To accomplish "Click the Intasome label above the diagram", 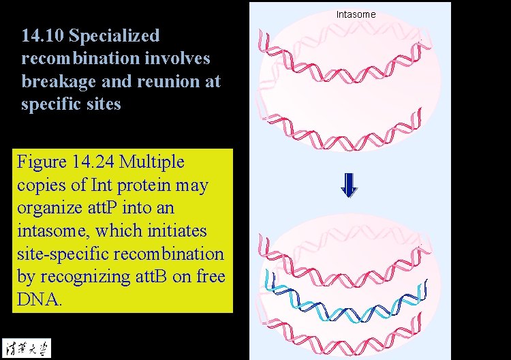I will (x=356, y=14).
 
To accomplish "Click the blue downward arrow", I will (x=349, y=185).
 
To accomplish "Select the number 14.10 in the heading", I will (x=42, y=35).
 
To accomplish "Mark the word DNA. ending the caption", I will (x=40, y=300).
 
